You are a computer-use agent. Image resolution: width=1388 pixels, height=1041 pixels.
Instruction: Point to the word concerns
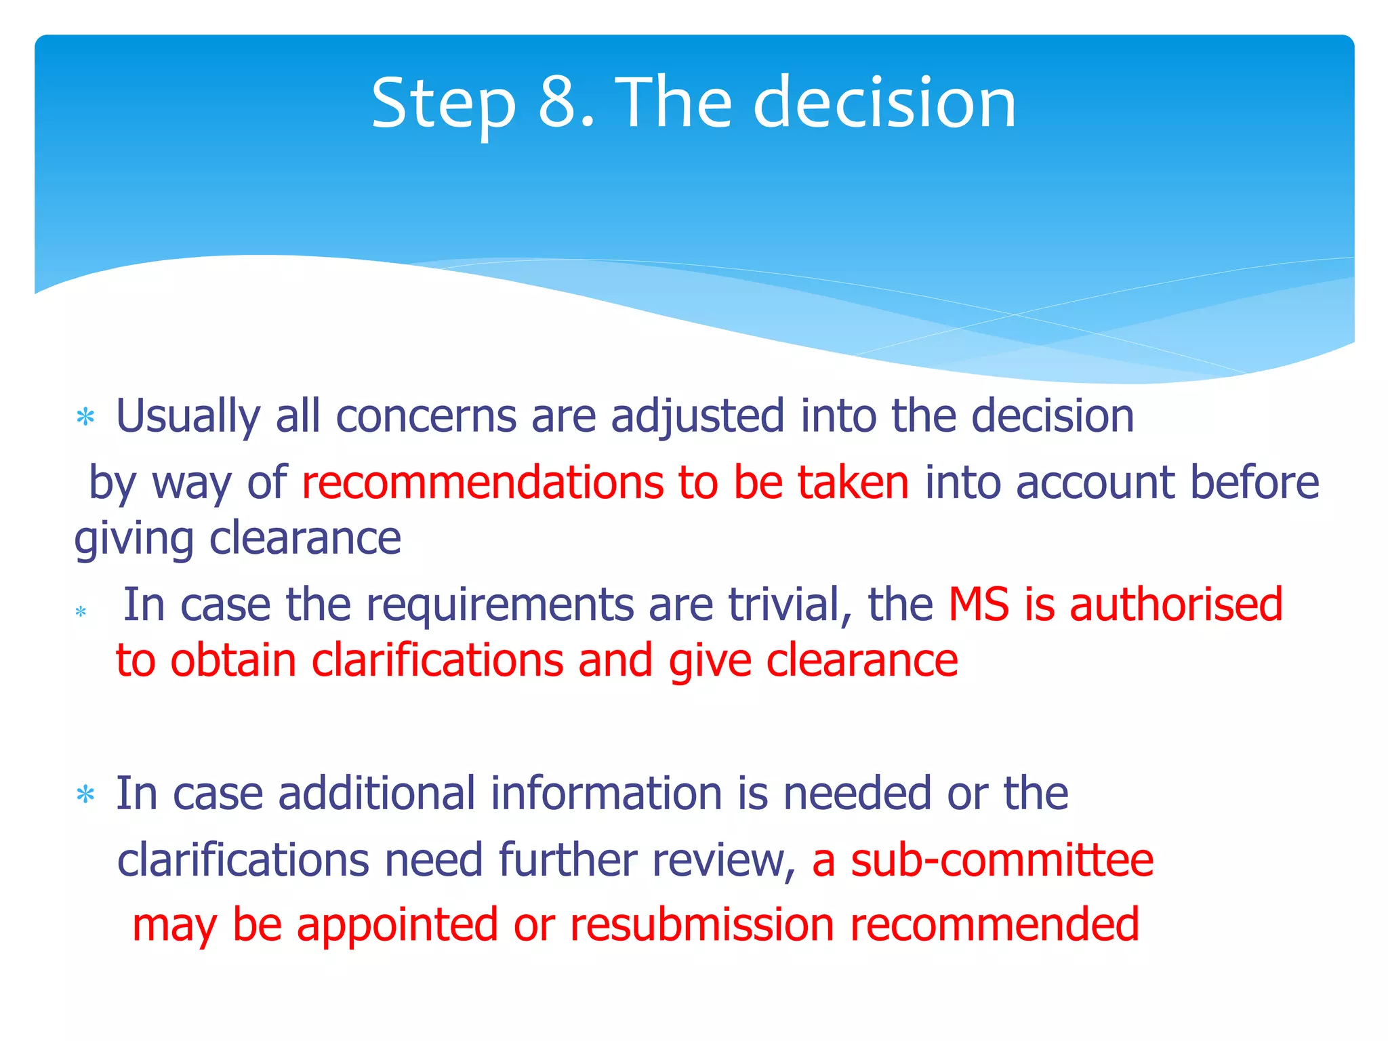point(426,416)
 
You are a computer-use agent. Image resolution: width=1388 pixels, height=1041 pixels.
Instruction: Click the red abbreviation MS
point(978,605)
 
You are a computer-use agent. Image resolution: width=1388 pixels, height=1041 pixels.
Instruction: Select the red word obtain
point(233,661)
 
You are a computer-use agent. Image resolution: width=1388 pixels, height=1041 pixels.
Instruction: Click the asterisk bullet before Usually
point(85,417)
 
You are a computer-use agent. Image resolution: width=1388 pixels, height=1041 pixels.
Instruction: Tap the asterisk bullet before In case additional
point(85,794)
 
